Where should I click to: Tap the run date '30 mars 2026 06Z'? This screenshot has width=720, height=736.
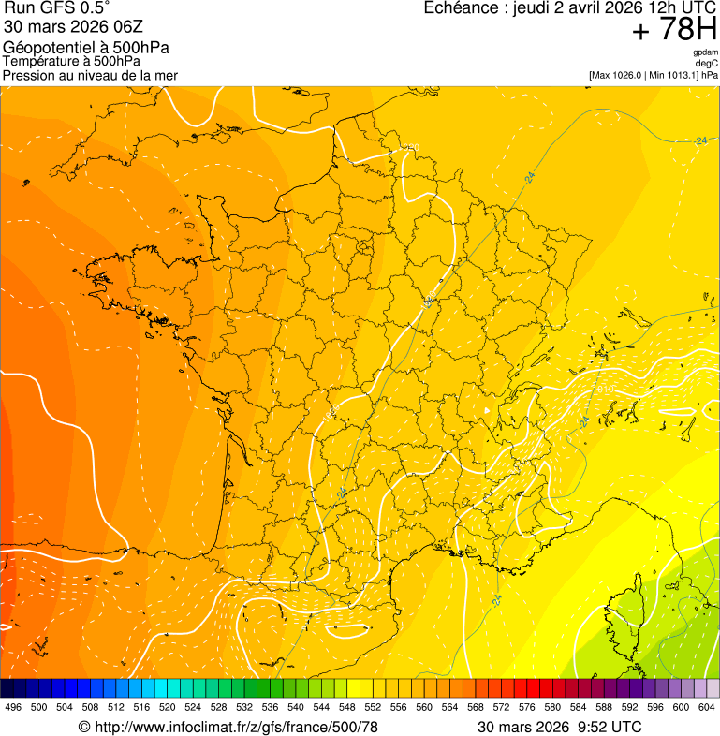pyautogui.click(x=73, y=27)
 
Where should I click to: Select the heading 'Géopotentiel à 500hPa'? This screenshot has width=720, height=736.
pyautogui.click(x=86, y=48)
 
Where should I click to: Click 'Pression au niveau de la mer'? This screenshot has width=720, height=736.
pyautogui.click(x=90, y=75)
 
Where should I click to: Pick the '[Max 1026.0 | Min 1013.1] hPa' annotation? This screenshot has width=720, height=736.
pyautogui.click(x=653, y=75)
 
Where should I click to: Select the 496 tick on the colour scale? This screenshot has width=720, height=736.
pyautogui.click(x=13, y=707)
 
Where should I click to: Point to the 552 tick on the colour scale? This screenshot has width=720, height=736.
pyautogui.click(x=373, y=707)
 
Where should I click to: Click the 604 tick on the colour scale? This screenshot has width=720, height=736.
pyautogui.click(x=707, y=707)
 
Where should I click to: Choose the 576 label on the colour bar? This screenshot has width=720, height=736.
pyautogui.click(x=527, y=707)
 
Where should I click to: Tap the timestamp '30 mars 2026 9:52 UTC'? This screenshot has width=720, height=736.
pyautogui.click(x=559, y=727)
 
